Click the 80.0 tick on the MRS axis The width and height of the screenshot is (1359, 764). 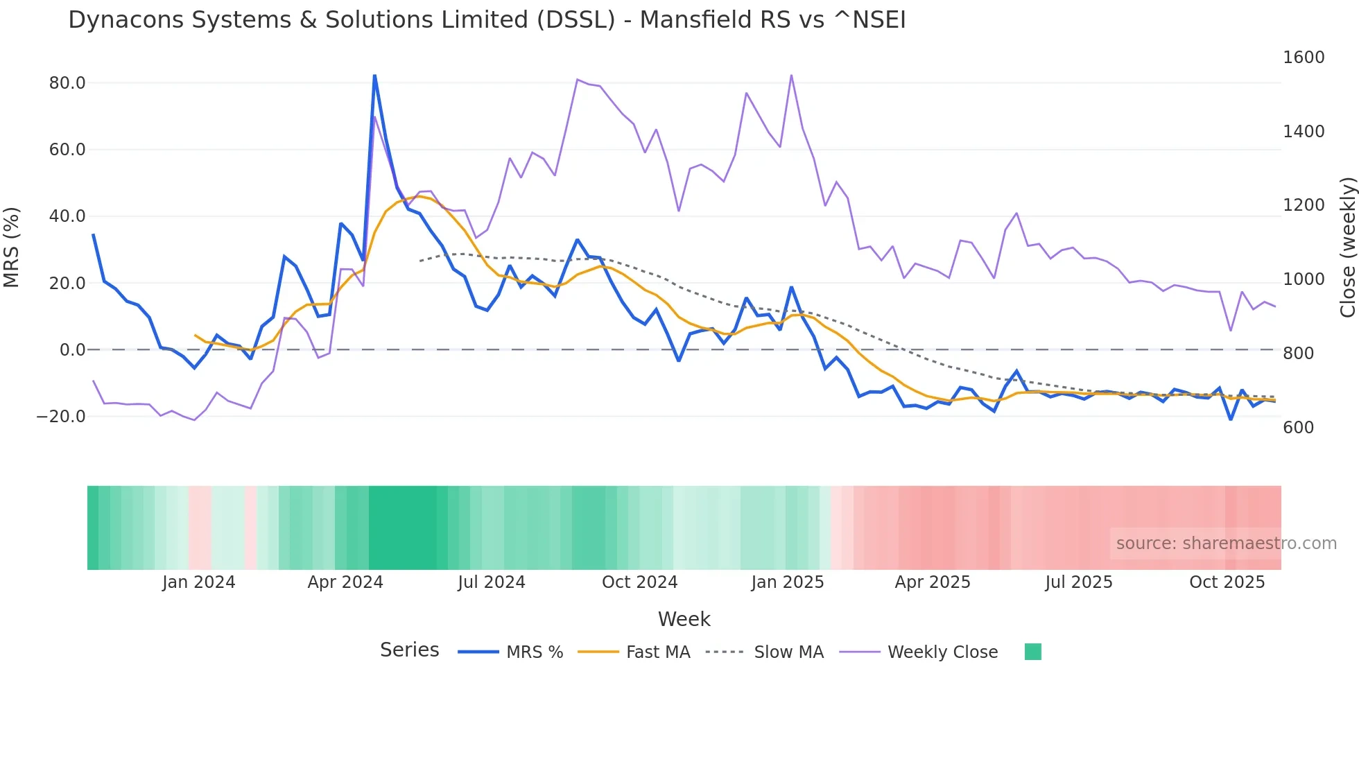coord(67,83)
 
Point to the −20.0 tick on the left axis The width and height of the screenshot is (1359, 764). coord(61,417)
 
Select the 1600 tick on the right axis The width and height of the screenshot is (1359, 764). coord(1304,58)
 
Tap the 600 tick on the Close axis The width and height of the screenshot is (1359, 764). coord(1298,428)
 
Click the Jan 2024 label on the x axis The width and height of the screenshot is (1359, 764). coord(198,582)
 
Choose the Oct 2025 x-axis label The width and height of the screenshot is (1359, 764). coord(1227,582)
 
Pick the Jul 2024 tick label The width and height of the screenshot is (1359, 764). coord(491,582)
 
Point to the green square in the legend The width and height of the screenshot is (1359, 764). coord(1032,652)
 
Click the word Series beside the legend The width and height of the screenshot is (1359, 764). coord(409,650)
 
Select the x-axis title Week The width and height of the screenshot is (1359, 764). coord(684,619)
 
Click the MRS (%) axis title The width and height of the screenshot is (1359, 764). coord(12,247)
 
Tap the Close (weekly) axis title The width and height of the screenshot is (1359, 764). coord(1347,248)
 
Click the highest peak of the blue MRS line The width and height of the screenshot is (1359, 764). coord(374,75)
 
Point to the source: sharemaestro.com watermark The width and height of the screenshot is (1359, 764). coord(1226,544)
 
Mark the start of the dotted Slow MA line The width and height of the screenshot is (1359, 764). coord(420,261)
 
